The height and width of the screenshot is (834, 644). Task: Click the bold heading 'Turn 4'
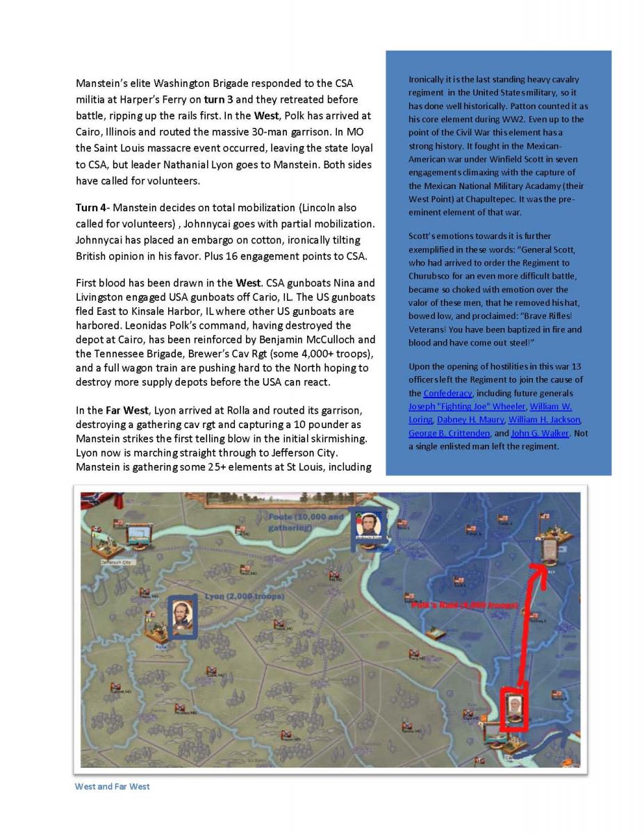point(89,208)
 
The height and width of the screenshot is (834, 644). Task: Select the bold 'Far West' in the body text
point(112,410)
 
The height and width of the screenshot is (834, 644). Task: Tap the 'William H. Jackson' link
point(545,420)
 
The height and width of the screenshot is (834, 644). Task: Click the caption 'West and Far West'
point(112,786)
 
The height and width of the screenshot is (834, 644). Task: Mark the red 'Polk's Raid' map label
point(464,606)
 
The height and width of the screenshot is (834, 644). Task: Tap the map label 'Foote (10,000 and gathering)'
point(306,522)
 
